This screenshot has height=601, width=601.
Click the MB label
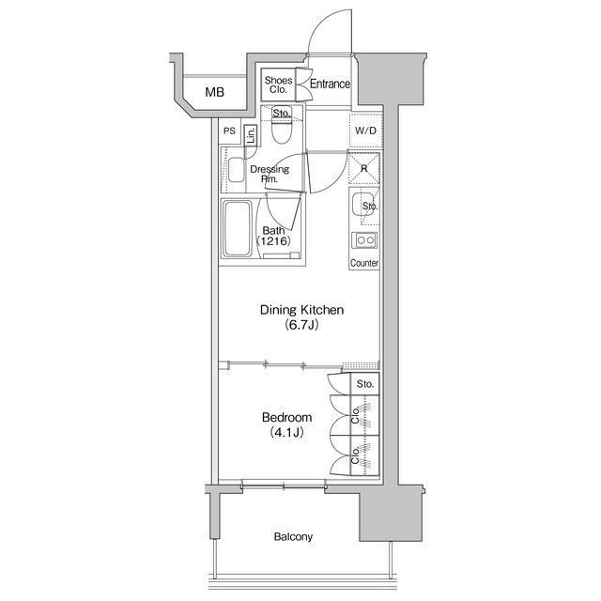click(x=215, y=92)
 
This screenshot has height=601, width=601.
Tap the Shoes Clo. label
click(x=278, y=85)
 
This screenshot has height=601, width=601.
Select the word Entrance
click(x=330, y=84)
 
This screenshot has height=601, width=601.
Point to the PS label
click(x=229, y=131)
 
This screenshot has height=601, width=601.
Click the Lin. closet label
click(x=251, y=135)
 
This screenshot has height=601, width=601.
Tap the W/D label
click(x=365, y=131)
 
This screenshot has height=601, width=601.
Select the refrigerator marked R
click(x=363, y=169)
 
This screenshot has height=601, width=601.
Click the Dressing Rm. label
click(x=270, y=174)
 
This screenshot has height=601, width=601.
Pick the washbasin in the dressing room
click(x=236, y=170)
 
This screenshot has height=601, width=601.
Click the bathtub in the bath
click(x=238, y=229)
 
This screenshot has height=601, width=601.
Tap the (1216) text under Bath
click(x=273, y=241)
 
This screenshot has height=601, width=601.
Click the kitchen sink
click(x=361, y=206)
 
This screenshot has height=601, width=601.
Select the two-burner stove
click(x=364, y=240)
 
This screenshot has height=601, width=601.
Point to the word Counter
click(x=364, y=263)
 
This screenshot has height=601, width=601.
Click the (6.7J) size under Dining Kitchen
click(x=301, y=326)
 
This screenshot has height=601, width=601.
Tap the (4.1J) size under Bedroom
click(x=286, y=433)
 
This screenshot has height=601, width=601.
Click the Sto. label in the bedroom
click(x=365, y=384)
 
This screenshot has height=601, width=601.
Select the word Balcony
click(x=293, y=536)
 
